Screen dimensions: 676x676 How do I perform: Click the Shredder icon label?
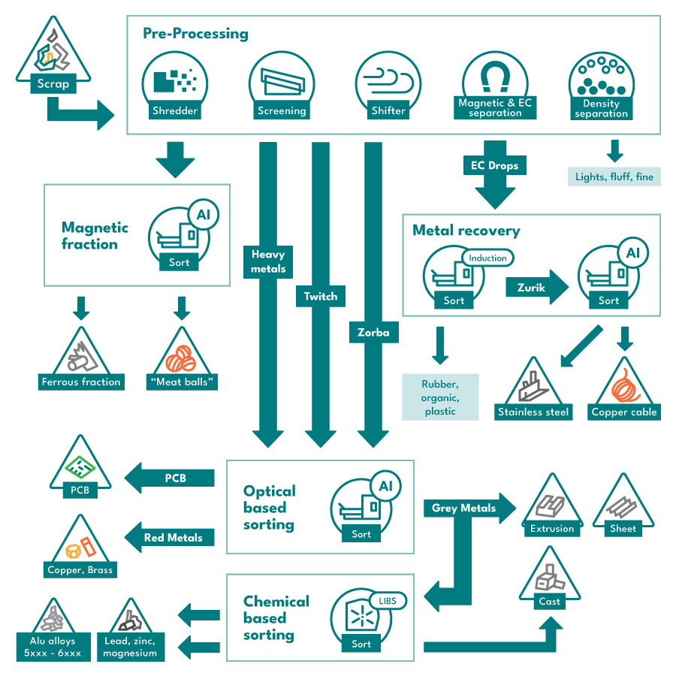175,111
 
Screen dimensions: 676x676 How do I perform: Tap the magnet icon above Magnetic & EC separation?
495,77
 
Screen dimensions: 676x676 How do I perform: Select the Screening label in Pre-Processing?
282,111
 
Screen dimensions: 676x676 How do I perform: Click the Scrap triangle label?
53,83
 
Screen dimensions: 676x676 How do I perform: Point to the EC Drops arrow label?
495,165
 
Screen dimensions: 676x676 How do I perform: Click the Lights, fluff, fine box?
614,177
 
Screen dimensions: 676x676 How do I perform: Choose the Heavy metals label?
268,261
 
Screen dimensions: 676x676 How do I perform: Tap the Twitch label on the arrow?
320,296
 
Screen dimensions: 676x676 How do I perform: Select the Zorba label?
373,333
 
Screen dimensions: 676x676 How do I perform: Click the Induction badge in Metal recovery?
488,258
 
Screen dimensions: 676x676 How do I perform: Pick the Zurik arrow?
537,288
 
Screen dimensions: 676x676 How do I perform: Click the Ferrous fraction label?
81,382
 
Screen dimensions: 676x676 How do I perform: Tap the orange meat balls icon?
181,359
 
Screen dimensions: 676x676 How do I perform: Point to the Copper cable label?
624,412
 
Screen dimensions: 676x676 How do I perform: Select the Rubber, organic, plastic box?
440,397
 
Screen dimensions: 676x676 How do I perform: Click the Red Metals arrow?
170,538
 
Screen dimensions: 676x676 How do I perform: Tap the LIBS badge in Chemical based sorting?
388,601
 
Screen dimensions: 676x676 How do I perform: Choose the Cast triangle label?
550,602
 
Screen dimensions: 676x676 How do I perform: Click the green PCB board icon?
80,467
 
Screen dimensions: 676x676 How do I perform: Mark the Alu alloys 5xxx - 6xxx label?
53,647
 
